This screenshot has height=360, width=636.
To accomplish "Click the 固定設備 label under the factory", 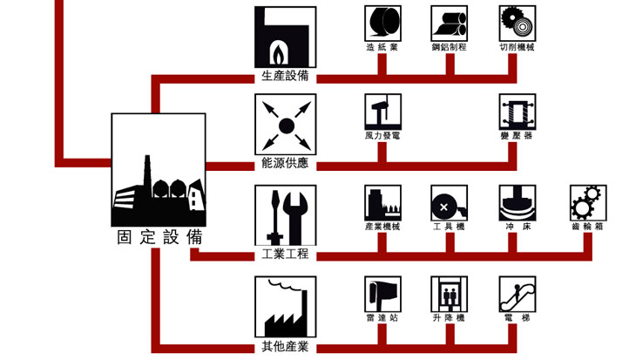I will coord(159,237).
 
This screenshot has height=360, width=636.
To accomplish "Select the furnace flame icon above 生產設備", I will coord(284,35).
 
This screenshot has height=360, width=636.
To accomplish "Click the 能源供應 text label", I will coord(284,163).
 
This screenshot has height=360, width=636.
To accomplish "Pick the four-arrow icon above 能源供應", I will coord(284,125).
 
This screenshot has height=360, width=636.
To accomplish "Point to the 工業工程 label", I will coord(284,255).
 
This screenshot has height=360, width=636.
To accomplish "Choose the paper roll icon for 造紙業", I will coord(382,23).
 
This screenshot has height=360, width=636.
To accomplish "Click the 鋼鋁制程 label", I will coord(450,47).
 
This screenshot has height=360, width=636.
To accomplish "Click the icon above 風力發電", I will coord(382,112).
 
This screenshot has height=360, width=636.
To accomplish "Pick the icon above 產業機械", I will coord(382,202).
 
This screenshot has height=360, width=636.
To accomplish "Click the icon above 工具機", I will coord(450,202).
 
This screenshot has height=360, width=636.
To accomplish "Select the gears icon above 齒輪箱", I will coord(587,202).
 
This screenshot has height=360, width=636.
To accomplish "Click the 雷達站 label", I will coord(382,318).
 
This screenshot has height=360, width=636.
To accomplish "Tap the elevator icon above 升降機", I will coord(450,294).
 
